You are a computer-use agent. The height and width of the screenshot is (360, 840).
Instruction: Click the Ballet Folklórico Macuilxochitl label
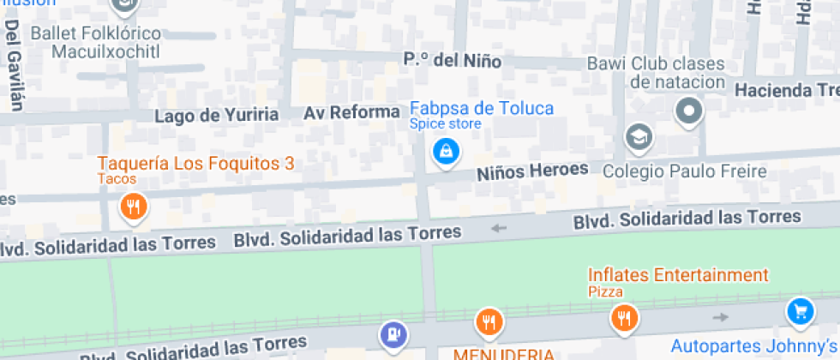click(95, 42)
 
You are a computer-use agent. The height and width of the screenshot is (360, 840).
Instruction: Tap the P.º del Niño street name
click(453, 61)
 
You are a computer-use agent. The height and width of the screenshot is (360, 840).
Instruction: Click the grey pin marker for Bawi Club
click(688, 111)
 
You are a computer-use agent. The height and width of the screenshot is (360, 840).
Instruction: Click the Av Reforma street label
click(351, 112)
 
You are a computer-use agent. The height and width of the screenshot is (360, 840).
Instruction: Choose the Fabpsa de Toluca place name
click(482, 108)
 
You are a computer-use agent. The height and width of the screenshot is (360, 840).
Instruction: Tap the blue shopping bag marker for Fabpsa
click(446, 153)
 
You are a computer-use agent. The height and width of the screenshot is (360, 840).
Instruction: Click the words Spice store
click(445, 124)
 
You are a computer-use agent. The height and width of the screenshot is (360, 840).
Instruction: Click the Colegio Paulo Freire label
click(685, 171)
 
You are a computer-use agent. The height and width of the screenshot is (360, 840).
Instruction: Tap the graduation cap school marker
click(639, 135)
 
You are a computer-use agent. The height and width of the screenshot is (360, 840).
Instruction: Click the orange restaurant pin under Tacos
click(133, 206)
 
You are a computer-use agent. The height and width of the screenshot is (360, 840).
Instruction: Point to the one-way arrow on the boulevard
click(499, 228)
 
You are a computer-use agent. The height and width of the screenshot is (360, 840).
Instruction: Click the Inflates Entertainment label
click(678, 275)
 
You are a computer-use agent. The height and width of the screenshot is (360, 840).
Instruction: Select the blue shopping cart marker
click(801, 311)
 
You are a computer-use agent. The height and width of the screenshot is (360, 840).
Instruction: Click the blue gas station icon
click(393, 331)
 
